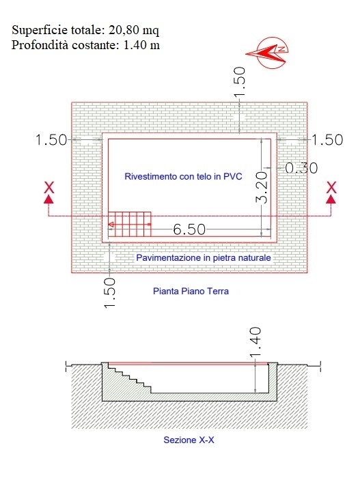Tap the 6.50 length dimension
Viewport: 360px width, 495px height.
pyautogui.click(x=189, y=229)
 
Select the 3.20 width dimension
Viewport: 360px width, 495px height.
pyautogui.click(x=262, y=187)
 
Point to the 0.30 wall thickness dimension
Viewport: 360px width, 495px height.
pyautogui.click(x=301, y=168)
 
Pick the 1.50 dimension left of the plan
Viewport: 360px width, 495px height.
pyautogui.click(x=51, y=140)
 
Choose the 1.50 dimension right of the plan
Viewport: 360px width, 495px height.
pyautogui.click(x=327, y=140)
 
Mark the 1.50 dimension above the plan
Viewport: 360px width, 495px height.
pyautogui.click(x=240, y=82)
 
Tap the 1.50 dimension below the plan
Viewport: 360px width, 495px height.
pyautogui.click(x=109, y=293)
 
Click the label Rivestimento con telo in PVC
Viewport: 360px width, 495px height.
pyautogui.click(x=183, y=176)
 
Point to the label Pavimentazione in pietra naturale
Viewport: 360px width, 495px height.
pyautogui.click(x=204, y=258)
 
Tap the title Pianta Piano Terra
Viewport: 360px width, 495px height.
pyautogui.click(x=191, y=291)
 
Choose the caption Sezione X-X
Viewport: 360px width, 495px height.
pyautogui.click(x=189, y=440)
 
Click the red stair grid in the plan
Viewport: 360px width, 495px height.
pyautogui.click(x=130, y=224)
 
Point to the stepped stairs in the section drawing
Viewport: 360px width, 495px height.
pyautogui.click(x=130, y=378)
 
